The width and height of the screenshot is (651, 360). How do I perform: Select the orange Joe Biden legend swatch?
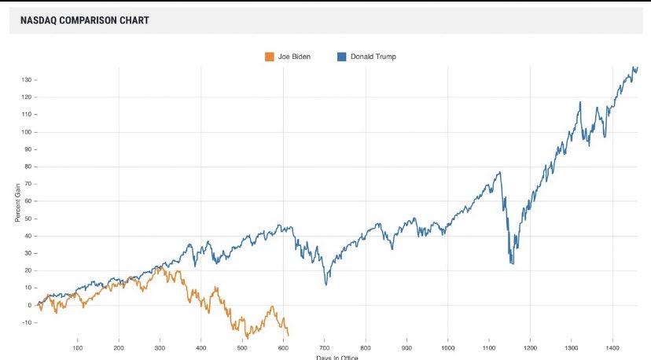[x=270, y=57]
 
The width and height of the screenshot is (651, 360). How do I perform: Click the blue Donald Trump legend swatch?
[x=342, y=57]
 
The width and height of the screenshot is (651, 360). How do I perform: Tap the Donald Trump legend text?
[x=373, y=57]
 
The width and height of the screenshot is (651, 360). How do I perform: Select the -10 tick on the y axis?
[x=25, y=322]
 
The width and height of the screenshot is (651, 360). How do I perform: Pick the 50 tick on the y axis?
[x=27, y=219]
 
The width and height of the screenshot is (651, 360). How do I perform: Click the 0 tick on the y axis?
[x=28, y=305]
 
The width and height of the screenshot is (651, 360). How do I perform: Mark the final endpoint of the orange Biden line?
[x=289, y=336]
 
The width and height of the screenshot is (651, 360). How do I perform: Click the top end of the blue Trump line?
[x=636, y=68]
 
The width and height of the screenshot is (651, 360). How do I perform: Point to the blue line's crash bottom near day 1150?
[x=512, y=263]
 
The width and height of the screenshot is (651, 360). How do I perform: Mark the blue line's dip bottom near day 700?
[x=325, y=285]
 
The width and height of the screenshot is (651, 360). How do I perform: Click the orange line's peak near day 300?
[x=160, y=266]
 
